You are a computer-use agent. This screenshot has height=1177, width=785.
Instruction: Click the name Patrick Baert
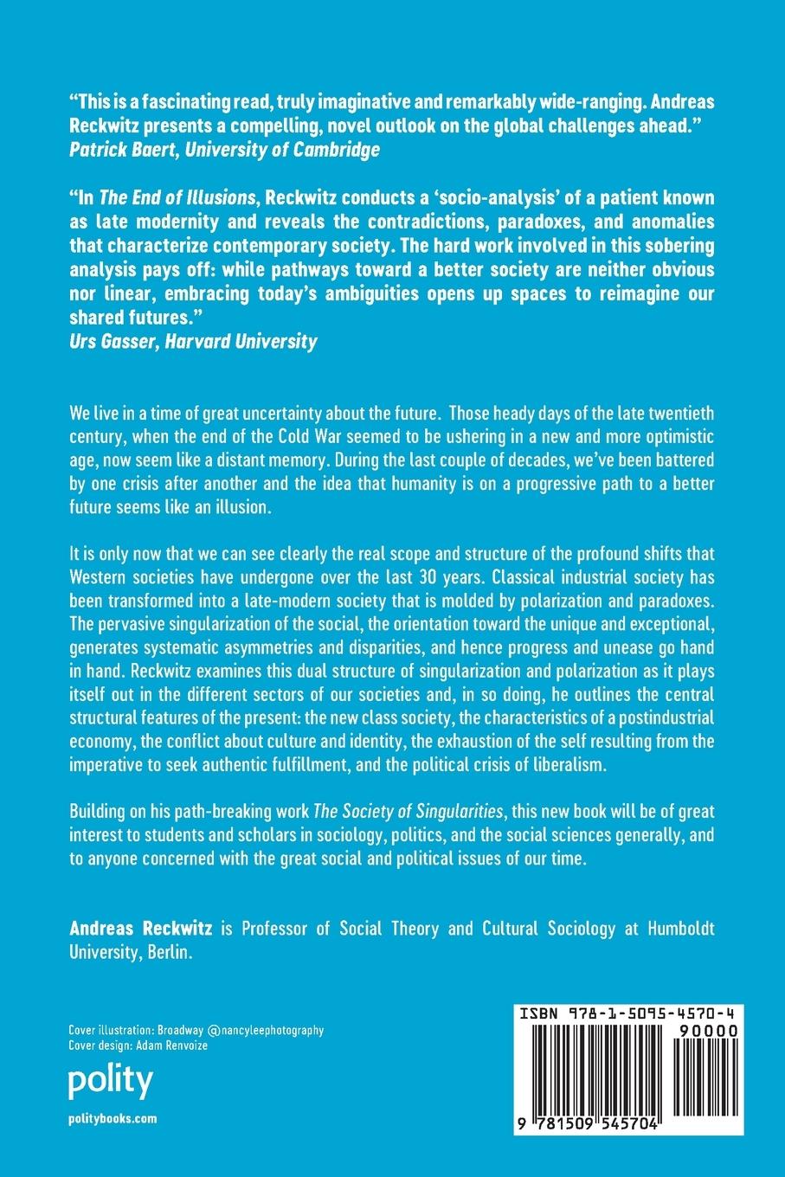point(117,150)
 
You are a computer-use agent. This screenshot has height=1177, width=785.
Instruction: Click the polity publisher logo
point(110,1081)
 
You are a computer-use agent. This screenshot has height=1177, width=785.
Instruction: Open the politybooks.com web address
point(113,1118)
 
